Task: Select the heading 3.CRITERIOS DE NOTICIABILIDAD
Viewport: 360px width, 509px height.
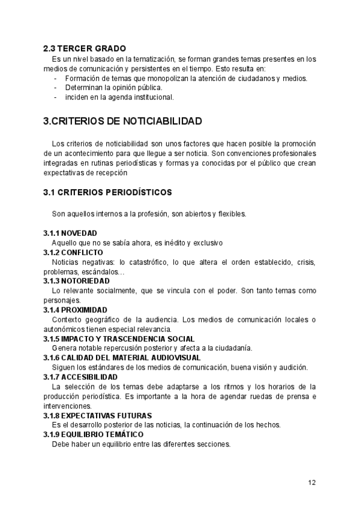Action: pos(122,121)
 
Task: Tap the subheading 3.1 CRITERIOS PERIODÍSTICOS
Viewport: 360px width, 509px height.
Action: pos(107,193)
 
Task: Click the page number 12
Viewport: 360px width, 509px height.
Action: pos(312,482)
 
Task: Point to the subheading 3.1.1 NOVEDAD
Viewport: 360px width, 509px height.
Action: pos(70,233)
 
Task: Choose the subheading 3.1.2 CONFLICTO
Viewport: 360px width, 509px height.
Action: pos(73,253)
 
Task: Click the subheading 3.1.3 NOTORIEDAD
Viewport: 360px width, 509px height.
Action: pos(76,280)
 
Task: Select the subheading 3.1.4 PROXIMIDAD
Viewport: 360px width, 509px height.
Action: pos(75,310)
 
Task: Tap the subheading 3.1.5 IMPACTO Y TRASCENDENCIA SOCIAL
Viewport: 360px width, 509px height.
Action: pos(119,339)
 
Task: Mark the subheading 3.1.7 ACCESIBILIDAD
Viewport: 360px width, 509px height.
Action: pos(80,377)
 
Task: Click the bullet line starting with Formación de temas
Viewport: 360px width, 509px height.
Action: pos(186,78)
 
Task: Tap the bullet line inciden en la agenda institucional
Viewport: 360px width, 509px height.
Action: pos(119,97)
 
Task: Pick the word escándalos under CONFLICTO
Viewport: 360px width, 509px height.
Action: pos(95,271)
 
